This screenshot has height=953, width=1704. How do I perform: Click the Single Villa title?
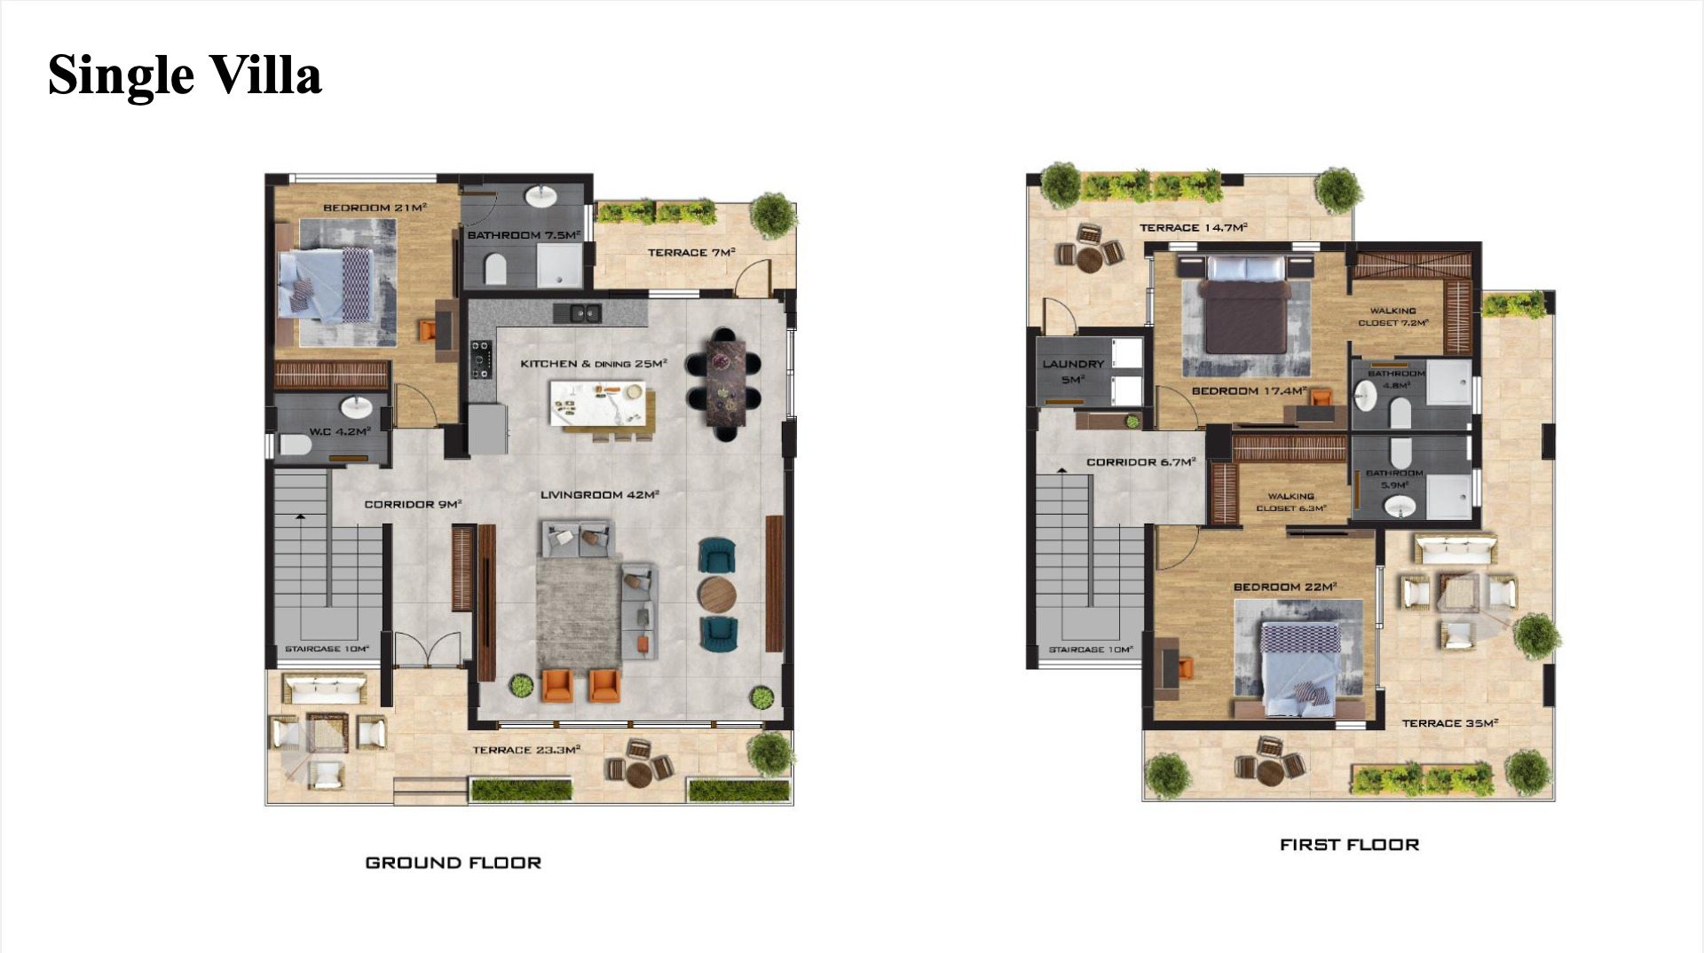coord(185,75)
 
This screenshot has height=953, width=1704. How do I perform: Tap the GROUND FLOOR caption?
coord(453,862)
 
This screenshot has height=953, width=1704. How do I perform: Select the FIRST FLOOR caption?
coord(1349,845)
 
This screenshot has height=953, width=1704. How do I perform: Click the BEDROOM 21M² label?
coord(375,208)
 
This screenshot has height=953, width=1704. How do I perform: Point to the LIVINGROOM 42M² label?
coord(600,494)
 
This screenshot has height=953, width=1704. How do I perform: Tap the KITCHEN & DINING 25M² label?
coord(594,364)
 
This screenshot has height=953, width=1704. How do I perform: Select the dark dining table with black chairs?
coord(723,383)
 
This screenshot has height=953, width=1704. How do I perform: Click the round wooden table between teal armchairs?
coord(717,595)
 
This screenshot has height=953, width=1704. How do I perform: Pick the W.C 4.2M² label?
coord(340,432)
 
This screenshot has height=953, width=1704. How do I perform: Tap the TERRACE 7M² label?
coord(691,253)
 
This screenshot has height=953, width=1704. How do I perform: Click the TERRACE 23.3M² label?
coord(526,750)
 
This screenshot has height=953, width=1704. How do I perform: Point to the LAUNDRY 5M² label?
coord(1073,372)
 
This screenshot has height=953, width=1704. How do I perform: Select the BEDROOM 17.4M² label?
coord(1249,391)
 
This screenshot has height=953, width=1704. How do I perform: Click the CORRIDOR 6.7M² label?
coord(1141,462)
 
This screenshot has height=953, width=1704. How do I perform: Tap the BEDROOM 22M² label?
coord(1285,587)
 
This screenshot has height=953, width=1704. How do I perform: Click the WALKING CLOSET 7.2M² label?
coord(1393,317)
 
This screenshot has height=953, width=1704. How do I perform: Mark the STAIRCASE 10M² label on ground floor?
coord(327,649)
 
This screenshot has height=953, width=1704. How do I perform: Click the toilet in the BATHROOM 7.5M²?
coord(495,267)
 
